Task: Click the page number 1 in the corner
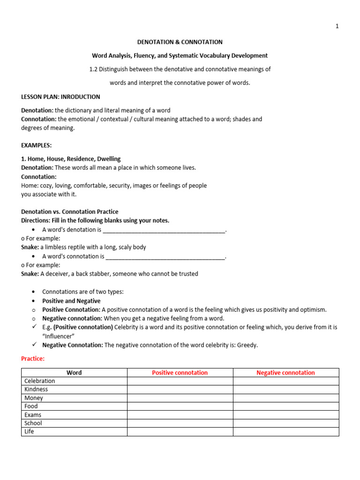(x=337, y=26)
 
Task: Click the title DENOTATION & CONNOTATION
(x=180, y=42)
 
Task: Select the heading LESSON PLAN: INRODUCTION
(x=60, y=97)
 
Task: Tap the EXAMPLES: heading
(x=37, y=145)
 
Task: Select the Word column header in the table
(x=74, y=373)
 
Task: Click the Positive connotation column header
(x=180, y=373)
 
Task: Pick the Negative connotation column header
(x=285, y=373)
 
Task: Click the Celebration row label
(x=40, y=381)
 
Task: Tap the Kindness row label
(x=36, y=390)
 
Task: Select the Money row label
(x=34, y=398)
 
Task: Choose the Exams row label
(x=33, y=415)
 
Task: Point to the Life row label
(x=29, y=432)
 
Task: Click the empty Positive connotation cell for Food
(x=180, y=406)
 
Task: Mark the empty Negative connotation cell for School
(x=286, y=423)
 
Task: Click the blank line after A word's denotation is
(x=164, y=231)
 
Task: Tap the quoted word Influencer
(x=60, y=336)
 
